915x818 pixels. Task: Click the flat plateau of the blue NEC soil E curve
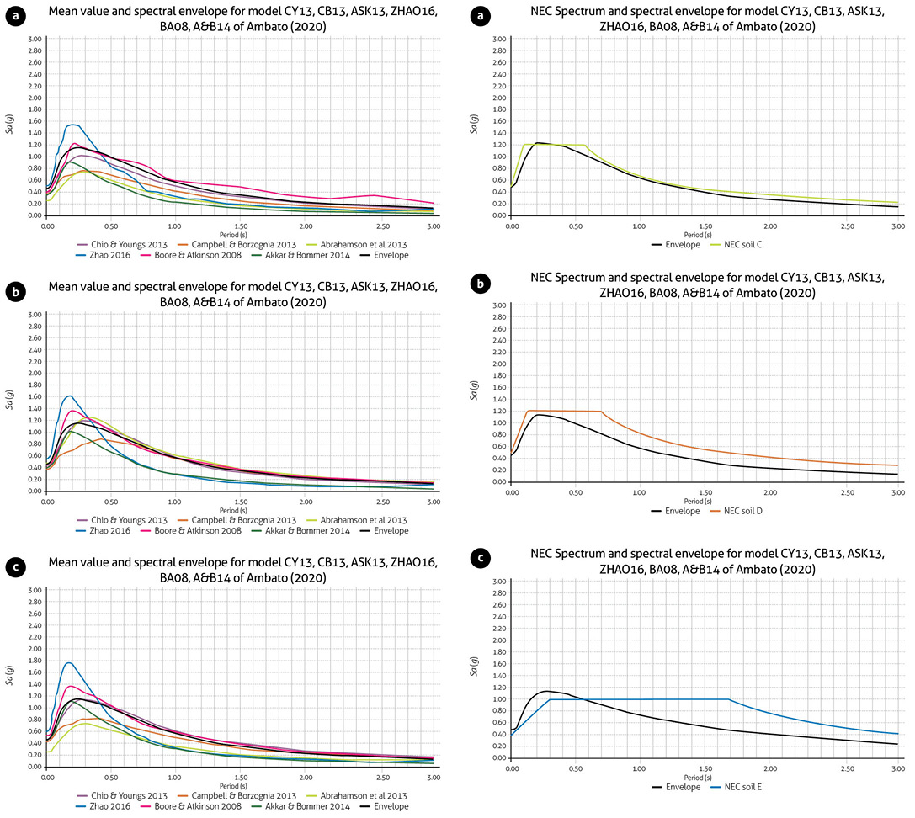(640, 699)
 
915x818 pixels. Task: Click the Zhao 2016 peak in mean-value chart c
(69, 663)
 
